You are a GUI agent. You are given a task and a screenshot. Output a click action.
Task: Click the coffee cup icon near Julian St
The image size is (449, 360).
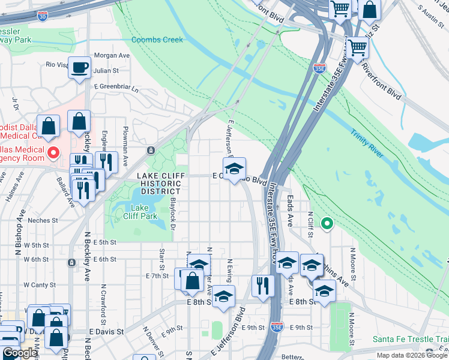(x=79, y=67)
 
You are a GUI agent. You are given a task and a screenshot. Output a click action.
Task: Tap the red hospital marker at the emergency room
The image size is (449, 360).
(x=53, y=152)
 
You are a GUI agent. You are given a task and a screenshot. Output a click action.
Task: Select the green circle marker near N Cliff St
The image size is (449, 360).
(x=327, y=224)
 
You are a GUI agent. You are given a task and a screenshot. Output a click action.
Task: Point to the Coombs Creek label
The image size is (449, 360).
(x=157, y=40)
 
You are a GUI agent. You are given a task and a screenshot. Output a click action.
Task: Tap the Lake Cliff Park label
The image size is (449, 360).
(x=139, y=212)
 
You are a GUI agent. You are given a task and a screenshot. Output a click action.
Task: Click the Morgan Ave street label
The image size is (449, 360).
(x=112, y=55)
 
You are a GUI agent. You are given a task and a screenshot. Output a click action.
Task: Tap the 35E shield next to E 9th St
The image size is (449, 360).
(x=276, y=327)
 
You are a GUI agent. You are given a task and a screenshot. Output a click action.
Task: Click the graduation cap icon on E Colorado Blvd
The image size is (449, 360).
(x=234, y=167)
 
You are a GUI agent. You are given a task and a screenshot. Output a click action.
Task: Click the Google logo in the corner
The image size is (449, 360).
(x=20, y=353)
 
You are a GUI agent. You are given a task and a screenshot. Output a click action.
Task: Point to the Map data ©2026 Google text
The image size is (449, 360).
(x=412, y=355)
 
